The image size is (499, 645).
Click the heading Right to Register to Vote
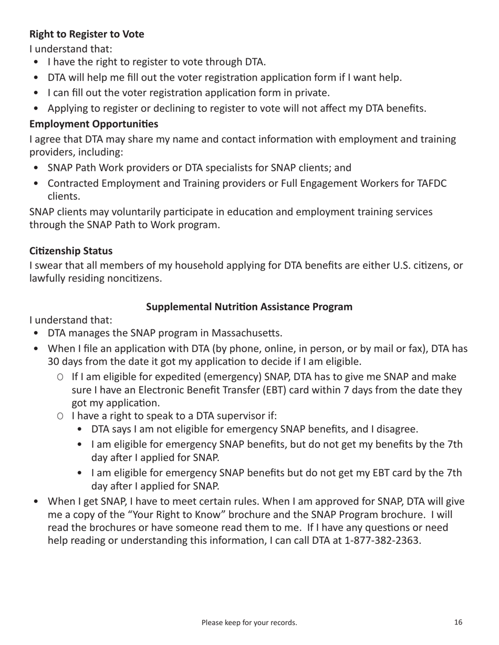(87, 34)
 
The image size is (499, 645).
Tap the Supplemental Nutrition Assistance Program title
(249, 307)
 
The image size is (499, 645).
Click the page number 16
(458, 622)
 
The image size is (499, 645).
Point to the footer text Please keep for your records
(249, 623)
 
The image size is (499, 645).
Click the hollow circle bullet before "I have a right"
(60, 416)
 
